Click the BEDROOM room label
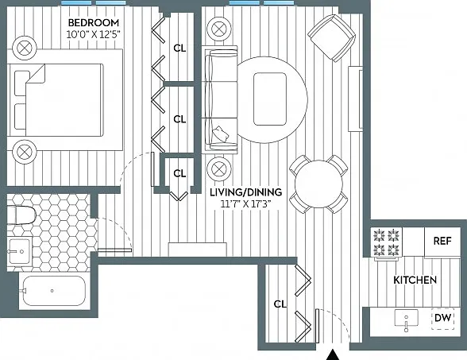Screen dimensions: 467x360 94,22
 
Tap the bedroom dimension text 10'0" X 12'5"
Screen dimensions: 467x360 93,35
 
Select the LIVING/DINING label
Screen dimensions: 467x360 246,192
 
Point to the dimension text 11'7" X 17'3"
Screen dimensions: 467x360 245,204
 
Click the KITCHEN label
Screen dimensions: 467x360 415,280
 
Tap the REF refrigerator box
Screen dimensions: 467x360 442,242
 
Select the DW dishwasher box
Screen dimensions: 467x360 443,318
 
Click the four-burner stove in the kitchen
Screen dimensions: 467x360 387,242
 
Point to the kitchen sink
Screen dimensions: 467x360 406,319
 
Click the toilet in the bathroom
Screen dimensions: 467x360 21,215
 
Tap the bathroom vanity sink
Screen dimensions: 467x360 19,251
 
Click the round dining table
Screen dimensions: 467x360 318,184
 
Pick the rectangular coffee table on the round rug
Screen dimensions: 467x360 270,99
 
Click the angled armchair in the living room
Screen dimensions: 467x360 332,38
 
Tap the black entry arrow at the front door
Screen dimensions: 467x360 333,355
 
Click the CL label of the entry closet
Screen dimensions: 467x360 280,304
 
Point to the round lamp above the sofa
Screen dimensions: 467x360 219,29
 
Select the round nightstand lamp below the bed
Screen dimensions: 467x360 25,152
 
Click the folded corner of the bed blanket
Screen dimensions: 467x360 37,74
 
